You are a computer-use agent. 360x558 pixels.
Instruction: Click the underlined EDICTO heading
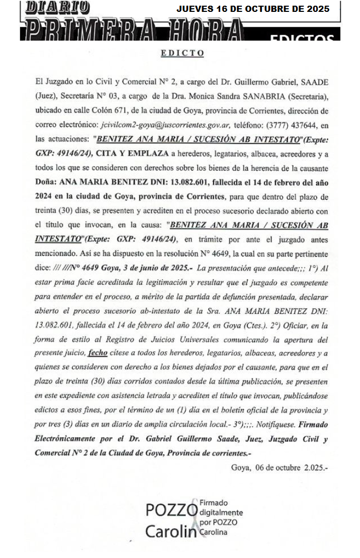click(x=182, y=53)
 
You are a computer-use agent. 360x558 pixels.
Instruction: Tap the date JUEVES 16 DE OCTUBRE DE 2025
click(x=253, y=9)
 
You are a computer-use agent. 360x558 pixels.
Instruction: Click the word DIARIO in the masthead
click(x=57, y=8)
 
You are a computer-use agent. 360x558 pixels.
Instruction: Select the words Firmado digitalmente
click(x=221, y=507)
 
